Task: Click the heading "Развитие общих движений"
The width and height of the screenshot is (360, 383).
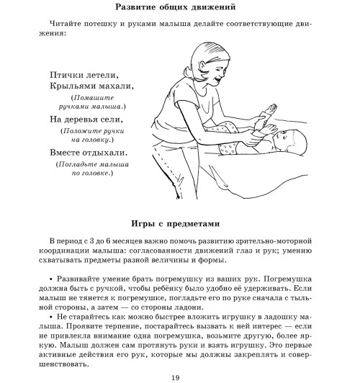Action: click(180, 9)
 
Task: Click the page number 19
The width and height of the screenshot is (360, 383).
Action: click(180, 374)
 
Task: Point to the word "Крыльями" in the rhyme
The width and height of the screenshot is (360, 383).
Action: click(73, 86)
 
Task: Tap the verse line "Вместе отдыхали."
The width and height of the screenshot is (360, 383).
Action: click(89, 153)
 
